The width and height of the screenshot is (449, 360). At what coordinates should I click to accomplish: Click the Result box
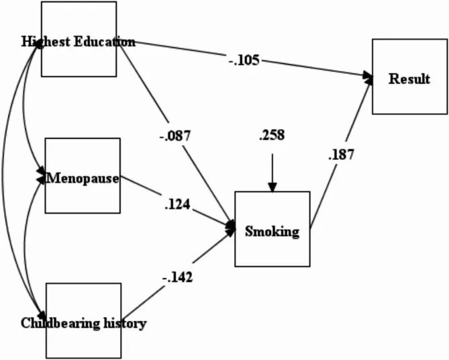[x=409, y=79]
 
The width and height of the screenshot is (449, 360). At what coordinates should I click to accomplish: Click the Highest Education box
[x=79, y=39]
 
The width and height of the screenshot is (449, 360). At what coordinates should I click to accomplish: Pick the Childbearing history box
[x=84, y=320]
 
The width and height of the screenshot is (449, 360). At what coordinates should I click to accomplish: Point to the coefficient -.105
[x=243, y=61]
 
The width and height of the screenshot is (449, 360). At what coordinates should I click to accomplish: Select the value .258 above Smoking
[x=271, y=135]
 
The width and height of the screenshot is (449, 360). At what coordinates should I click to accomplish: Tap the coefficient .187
[x=341, y=154]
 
